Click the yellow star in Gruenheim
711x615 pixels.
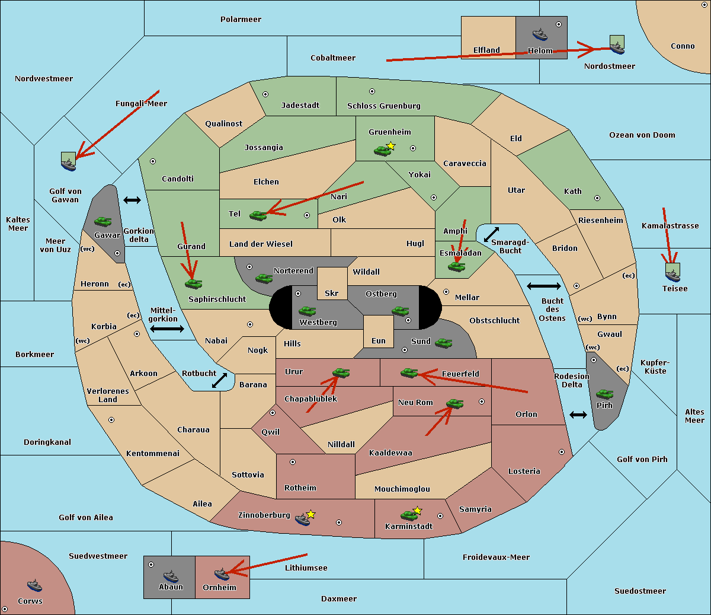390,145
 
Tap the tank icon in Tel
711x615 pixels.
258,215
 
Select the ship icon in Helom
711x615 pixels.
540,34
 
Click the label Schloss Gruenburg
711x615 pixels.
383,106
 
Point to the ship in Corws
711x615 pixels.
35,586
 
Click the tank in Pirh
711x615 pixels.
604,394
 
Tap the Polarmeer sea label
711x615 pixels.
241,20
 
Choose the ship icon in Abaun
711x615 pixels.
171,576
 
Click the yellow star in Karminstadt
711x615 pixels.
418,510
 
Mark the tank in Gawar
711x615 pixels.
103,222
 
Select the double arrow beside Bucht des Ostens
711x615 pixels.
543,286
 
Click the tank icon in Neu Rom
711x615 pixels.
454,404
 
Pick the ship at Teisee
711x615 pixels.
672,275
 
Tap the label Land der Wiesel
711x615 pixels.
261,244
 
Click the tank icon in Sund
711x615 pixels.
444,343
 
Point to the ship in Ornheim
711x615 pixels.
222,574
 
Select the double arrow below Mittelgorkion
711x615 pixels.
167,329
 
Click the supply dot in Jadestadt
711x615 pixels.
265,94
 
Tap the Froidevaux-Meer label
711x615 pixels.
496,557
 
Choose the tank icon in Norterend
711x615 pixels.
264,278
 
